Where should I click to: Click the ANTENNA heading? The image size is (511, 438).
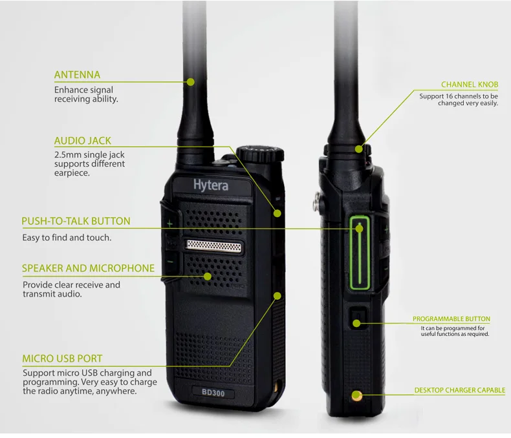tap(77, 74)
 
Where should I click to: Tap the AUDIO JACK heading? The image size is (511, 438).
tap(82, 140)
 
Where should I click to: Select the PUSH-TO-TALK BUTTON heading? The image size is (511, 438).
tap(76, 221)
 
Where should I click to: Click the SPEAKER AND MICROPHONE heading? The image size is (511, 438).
tap(88, 268)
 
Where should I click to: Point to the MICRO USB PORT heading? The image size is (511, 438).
tap(62, 359)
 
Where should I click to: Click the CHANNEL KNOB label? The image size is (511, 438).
tap(470, 85)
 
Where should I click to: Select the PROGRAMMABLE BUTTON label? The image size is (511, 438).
tap(451, 319)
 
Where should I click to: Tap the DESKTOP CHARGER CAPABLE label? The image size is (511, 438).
tap(459, 390)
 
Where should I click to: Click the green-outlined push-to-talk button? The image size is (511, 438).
tap(360, 255)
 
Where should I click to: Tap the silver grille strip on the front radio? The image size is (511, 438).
tap(213, 245)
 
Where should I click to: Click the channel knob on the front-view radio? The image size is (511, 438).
tap(260, 154)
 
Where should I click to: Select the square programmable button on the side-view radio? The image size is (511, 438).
tap(358, 318)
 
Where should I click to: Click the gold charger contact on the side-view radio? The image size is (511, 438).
tap(356, 395)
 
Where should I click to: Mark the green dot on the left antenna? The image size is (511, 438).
tap(191, 81)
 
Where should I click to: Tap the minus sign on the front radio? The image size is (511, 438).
tap(170, 261)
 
